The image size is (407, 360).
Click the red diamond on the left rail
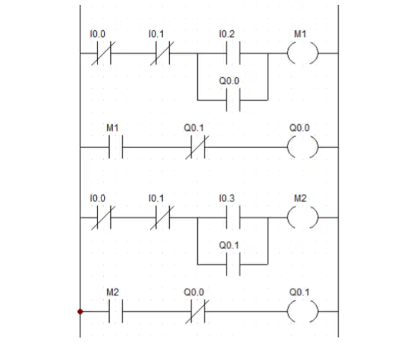(x=81, y=311)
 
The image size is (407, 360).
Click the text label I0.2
(x=227, y=34)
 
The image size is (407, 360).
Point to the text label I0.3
(x=227, y=198)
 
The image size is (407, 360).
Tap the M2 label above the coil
(x=300, y=198)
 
